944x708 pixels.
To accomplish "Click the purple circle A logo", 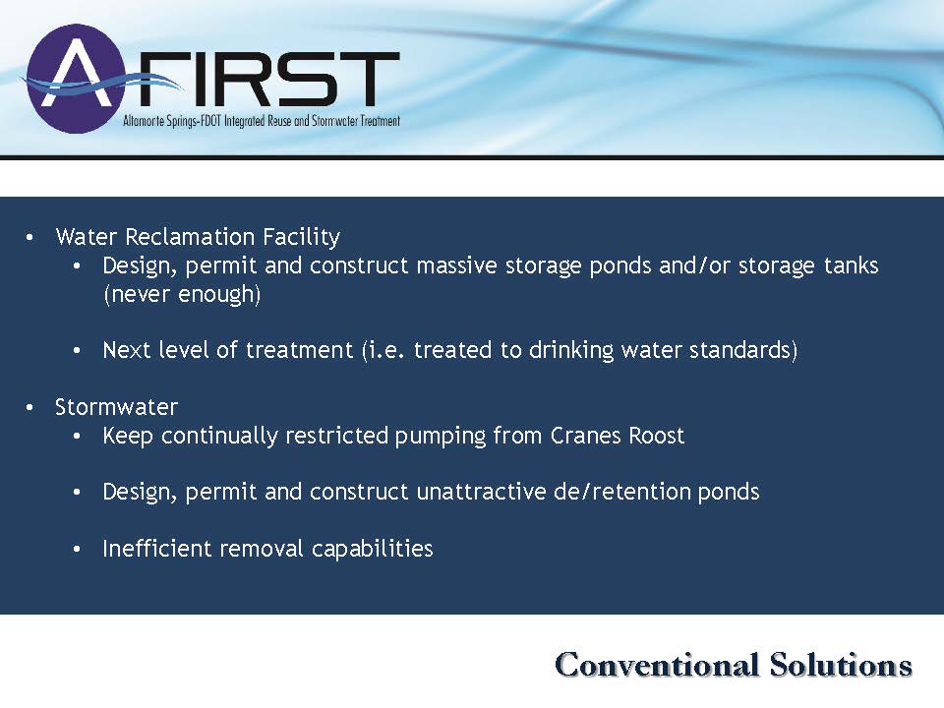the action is (x=76, y=79).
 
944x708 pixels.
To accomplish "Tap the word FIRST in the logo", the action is (x=265, y=79).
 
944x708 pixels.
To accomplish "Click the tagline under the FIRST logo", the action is (x=262, y=121).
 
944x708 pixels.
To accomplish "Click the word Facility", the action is (x=293, y=237).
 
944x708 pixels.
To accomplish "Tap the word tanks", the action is (x=852, y=265).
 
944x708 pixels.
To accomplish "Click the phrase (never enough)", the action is (x=182, y=294).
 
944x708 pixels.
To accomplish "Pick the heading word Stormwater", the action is (x=116, y=407).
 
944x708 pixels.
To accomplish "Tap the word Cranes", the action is (x=585, y=436).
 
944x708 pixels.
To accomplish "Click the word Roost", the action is (x=656, y=436).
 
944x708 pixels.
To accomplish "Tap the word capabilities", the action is (x=372, y=549).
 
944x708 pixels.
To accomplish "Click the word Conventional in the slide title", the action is (x=656, y=664).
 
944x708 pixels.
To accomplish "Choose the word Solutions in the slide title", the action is (x=841, y=664).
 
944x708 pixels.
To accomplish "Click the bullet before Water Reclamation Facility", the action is (x=29, y=237).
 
